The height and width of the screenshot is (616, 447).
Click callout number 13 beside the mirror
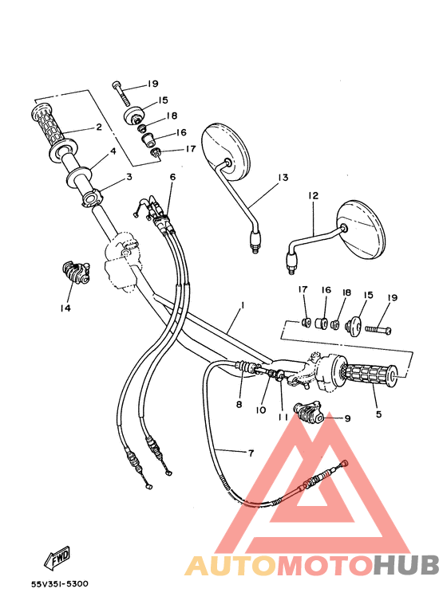(282, 178)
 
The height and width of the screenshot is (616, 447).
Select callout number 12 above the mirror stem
(313, 195)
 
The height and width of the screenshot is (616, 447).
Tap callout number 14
(65, 308)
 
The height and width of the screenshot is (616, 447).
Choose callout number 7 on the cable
(250, 453)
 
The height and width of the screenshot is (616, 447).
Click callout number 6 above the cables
(172, 176)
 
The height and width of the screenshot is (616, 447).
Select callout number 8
(238, 404)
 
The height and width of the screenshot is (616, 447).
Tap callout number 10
(261, 410)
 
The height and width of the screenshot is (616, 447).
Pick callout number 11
(282, 417)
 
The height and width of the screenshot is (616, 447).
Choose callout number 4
(113, 151)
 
